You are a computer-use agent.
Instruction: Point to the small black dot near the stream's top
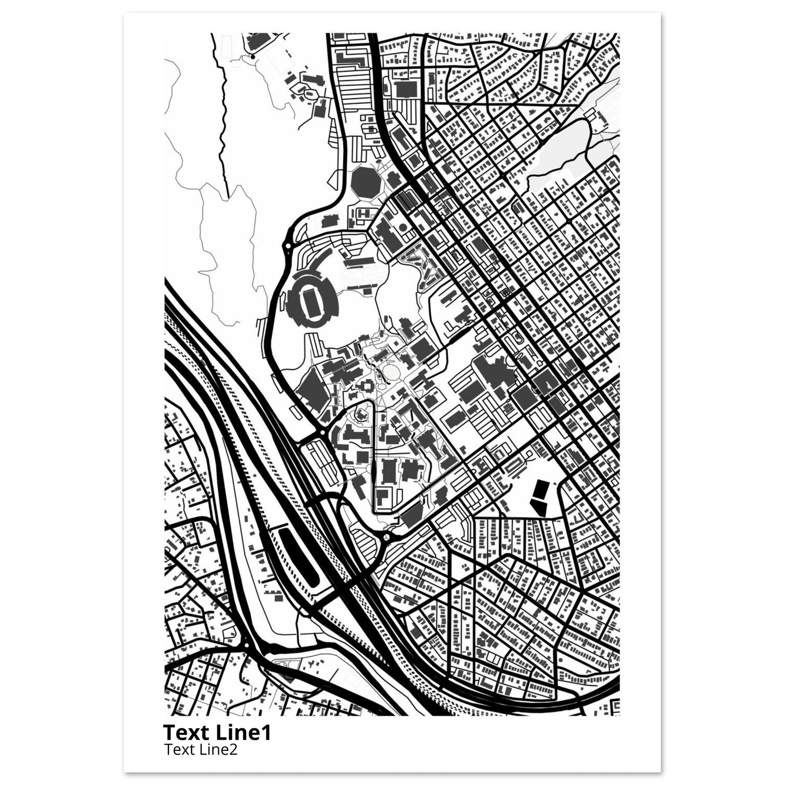[x=253, y=57]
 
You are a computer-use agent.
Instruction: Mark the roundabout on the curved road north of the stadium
[x=288, y=245]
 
